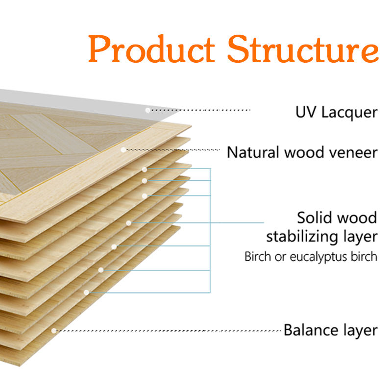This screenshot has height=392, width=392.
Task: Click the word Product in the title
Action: (x=151, y=49)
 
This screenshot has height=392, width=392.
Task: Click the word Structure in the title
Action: (x=303, y=49)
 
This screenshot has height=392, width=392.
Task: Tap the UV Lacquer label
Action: (x=336, y=113)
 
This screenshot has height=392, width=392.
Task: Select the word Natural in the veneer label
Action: (x=253, y=152)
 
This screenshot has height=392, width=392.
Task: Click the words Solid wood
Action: (x=337, y=218)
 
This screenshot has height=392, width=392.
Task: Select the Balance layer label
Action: (x=330, y=330)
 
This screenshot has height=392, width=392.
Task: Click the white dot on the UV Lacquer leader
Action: (x=148, y=110)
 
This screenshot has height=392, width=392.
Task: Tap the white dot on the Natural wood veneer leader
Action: (x=123, y=150)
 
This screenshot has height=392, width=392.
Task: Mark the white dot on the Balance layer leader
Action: (x=54, y=331)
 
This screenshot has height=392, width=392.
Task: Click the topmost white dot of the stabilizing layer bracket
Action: (x=145, y=170)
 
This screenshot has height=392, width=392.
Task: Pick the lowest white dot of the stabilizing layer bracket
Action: (x=86, y=292)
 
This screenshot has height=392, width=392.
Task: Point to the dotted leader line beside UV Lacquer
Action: (x=200, y=110)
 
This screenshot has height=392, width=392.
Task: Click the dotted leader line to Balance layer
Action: (x=169, y=331)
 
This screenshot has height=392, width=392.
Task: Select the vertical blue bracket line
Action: (x=210, y=230)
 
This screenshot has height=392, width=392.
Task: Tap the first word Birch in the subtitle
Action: (x=258, y=256)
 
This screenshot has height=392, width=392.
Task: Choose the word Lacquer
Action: (x=349, y=113)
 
